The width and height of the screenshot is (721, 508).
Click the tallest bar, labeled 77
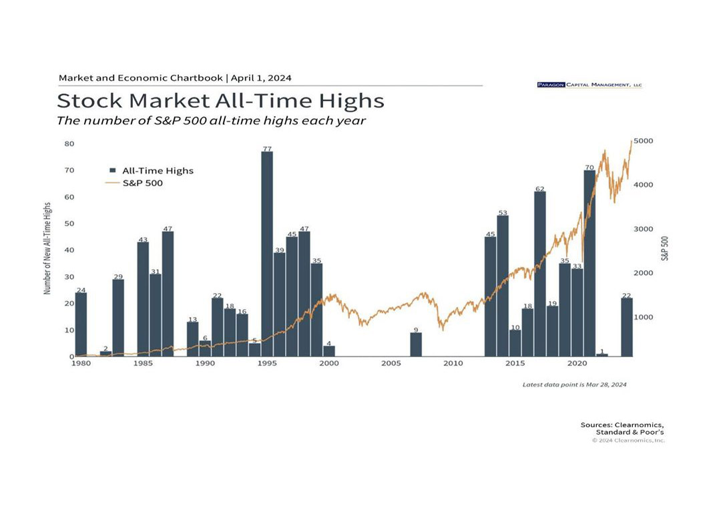tap(266, 254)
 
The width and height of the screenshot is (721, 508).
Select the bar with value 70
tap(589, 263)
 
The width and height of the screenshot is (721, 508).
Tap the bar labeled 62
tap(539, 274)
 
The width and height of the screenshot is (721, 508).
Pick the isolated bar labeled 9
tap(415, 344)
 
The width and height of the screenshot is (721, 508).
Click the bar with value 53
tap(503, 286)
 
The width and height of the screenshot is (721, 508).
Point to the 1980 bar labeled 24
tap(81, 324)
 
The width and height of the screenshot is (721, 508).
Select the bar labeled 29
tap(118, 318)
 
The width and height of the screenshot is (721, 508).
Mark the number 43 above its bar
tap(143, 239)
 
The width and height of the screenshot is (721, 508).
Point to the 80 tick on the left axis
tap(69, 144)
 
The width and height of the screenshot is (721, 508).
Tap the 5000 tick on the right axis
tap(644, 142)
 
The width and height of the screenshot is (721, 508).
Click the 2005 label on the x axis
tap(391, 364)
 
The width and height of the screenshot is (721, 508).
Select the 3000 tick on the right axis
tap(644, 229)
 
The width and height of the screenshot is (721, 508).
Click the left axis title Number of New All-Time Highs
tap(47, 249)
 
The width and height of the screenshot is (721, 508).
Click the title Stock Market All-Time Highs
tap(220, 101)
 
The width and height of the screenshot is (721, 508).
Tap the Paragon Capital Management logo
tap(589, 85)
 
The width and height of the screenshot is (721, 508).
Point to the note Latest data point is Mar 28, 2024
tap(574, 385)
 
